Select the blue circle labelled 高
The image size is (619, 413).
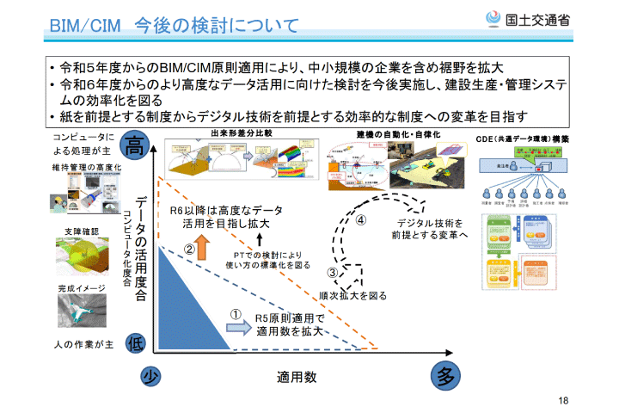(x=136, y=144)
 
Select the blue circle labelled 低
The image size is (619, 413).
(x=136, y=343)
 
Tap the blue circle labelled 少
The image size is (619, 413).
(x=151, y=377)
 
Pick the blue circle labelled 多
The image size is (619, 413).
(x=444, y=376)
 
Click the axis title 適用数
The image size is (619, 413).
(x=297, y=377)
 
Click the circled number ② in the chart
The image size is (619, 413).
(x=190, y=249)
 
